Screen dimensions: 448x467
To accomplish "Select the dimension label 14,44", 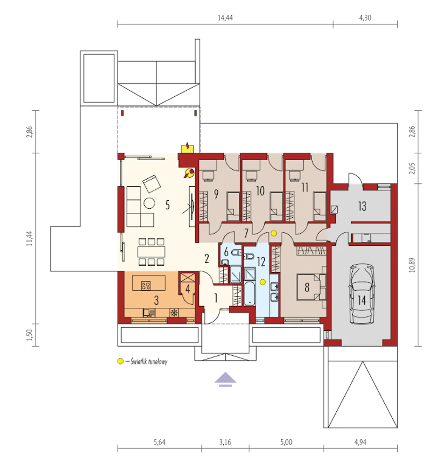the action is coord(225,18).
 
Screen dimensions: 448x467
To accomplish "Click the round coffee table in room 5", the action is coord(149,203).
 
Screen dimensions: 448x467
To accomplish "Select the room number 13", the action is coord(362,206).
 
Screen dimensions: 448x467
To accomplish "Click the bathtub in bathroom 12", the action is coord(250,294).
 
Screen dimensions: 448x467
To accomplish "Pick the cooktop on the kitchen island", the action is coord(146,285).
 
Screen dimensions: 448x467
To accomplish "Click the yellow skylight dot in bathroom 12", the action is coord(263,282).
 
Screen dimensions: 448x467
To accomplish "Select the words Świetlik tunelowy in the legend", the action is coord(149,361).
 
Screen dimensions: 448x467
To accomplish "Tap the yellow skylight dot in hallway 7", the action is coord(274,233).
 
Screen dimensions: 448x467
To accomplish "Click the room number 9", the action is coord(216,194).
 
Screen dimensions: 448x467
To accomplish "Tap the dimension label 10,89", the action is coord(412,265).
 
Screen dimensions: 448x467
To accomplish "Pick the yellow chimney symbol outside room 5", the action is coord(188,148).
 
